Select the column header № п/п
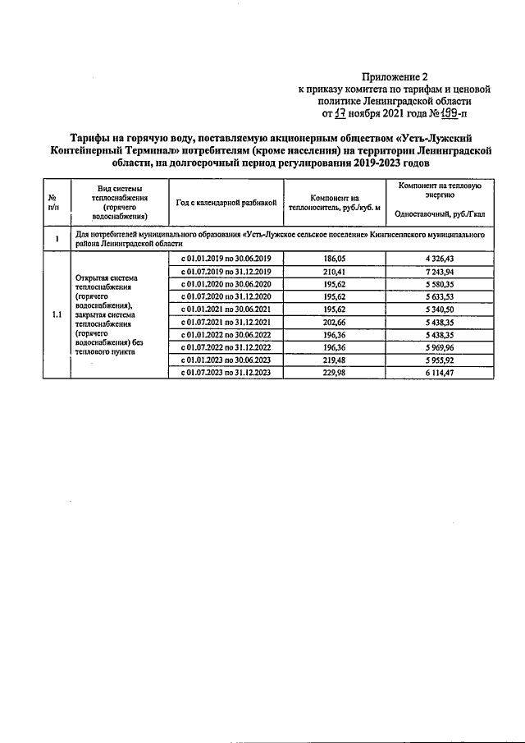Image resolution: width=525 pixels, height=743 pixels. (x=52, y=202)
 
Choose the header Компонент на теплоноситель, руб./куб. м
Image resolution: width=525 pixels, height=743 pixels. (x=336, y=202)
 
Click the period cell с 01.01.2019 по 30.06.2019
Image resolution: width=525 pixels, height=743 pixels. (x=226, y=258)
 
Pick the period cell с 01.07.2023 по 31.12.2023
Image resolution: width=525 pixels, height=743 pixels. (x=226, y=372)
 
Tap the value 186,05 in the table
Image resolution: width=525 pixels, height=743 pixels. (x=336, y=258)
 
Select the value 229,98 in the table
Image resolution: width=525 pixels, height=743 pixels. (x=336, y=372)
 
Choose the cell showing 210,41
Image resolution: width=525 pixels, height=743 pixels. (x=336, y=271)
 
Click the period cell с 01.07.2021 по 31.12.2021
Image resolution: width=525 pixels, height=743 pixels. (x=226, y=322)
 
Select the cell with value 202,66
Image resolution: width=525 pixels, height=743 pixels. (x=336, y=322)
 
